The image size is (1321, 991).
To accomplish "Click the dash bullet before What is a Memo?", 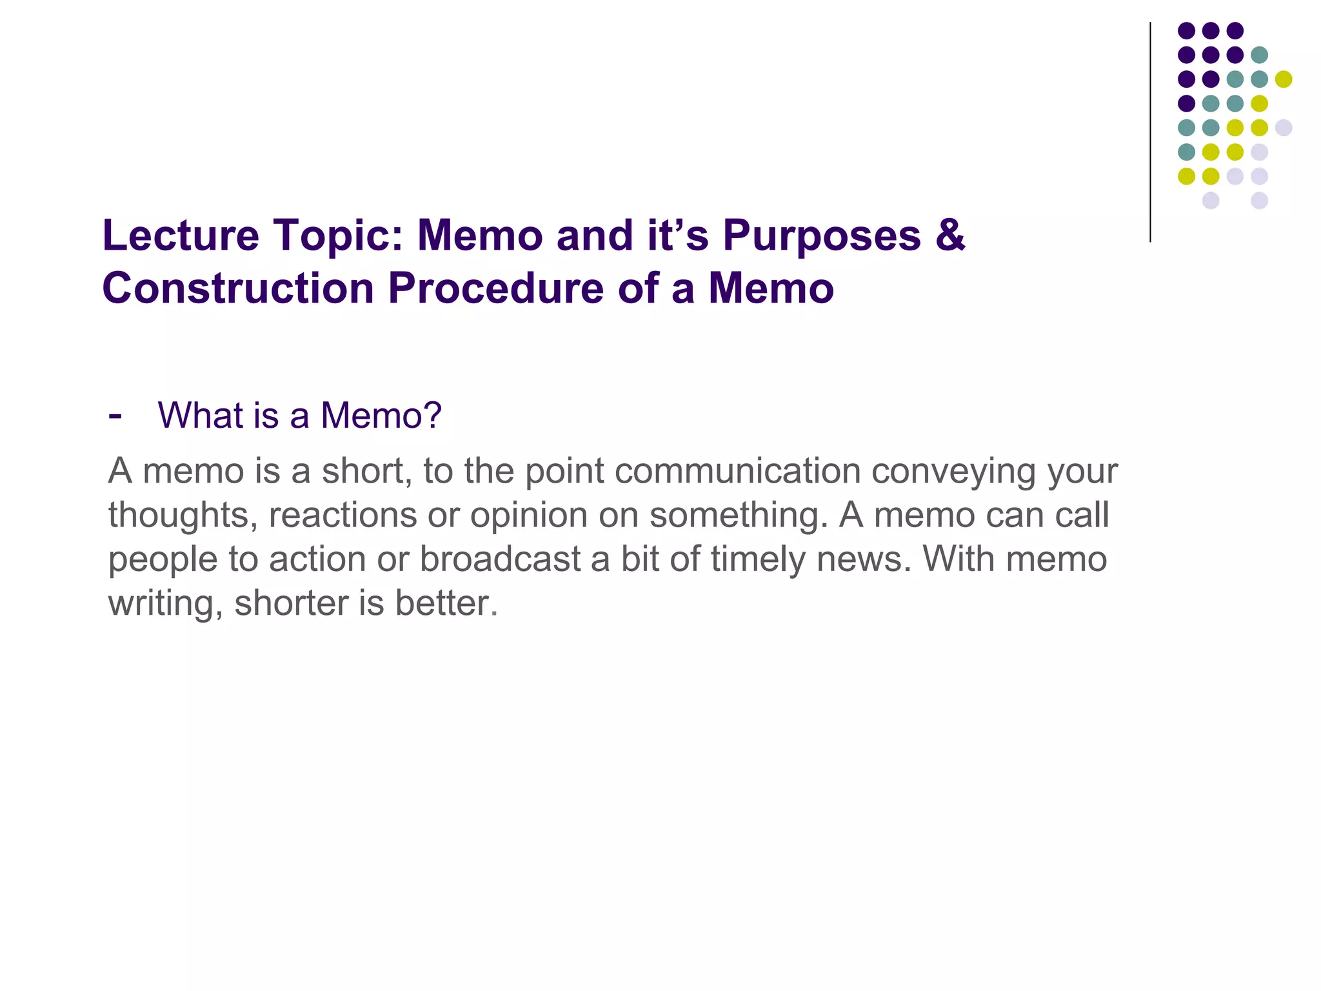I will point(115,415).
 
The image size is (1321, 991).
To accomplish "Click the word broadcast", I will point(500,559).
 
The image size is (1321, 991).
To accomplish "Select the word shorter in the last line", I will point(291,603).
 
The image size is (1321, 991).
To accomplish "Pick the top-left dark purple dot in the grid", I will point(1186,30).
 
